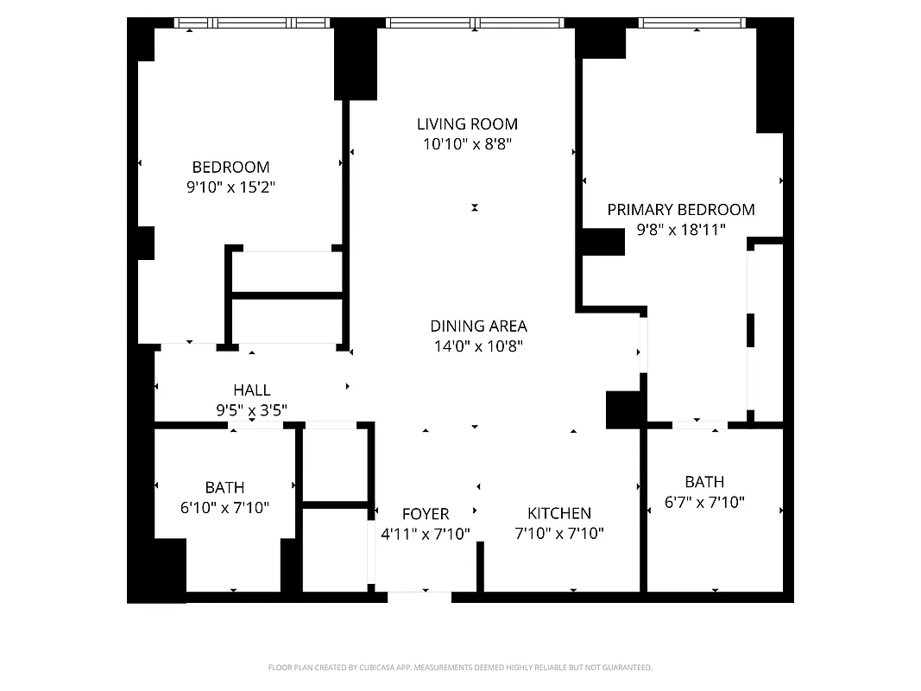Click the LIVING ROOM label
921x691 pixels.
click(467, 124)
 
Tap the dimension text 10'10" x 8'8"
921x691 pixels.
click(467, 145)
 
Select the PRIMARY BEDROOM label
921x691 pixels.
click(680, 209)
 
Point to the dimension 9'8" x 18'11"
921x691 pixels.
click(680, 230)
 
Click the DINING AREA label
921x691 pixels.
click(478, 326)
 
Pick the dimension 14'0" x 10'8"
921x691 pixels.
click(478, 346)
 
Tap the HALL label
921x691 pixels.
click(251, 390)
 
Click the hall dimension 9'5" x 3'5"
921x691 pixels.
click(251, 410)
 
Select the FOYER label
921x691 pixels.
click(425, 514)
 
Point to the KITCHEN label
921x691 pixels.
click(559, 513)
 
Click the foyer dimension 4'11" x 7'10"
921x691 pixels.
click(425, 534)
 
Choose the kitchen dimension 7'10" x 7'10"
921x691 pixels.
click(559, 534)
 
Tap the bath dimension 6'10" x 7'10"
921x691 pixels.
click(224, 508)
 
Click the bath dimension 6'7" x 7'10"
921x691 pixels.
click(704, 502)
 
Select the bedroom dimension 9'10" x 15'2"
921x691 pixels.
click(230, 187)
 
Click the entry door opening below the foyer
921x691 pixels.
click(419, 596)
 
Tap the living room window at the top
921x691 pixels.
click(475, 23)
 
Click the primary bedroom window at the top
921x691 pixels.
click(692, 23)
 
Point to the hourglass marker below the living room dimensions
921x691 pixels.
click(474, 207)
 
